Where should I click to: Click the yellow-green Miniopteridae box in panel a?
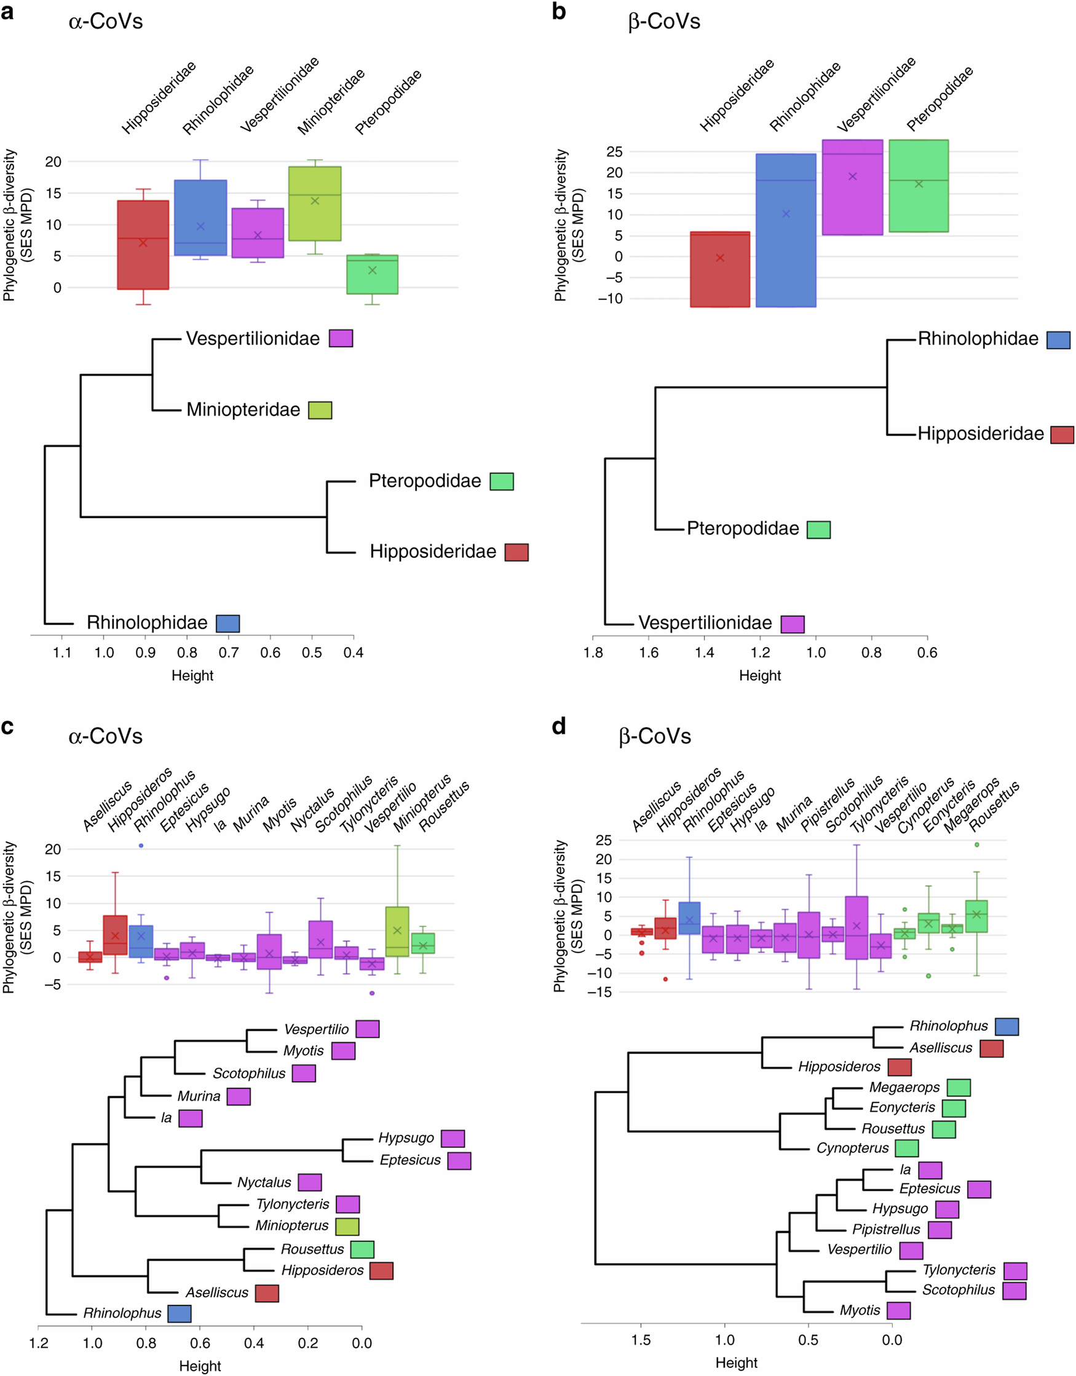[315, 203]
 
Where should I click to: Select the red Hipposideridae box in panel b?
[720, 270]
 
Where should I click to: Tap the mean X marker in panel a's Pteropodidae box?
[372, 270]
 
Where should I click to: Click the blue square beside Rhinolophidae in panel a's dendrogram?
[227, 624]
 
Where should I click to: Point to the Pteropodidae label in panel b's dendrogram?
[743, 529]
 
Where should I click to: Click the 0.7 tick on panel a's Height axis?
[228, 653]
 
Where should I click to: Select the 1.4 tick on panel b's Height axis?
[704, 653]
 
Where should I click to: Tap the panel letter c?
[7, 726]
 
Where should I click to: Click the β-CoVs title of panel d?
[655, 736]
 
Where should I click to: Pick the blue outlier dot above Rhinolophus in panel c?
[141, 846]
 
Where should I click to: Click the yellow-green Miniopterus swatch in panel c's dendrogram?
[347, 1226]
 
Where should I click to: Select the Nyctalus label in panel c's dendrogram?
[264, 1182]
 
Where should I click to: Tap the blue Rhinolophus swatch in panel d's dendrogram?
[1007, 1027]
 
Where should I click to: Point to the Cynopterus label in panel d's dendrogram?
[852, 1149]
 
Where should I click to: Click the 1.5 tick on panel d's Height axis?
[641, 1340]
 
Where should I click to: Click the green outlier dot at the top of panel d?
[976, 845]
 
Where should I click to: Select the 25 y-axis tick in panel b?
[614, 152]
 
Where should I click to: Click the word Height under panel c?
[200, 1366]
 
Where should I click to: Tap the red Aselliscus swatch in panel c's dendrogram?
[267, 1294]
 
